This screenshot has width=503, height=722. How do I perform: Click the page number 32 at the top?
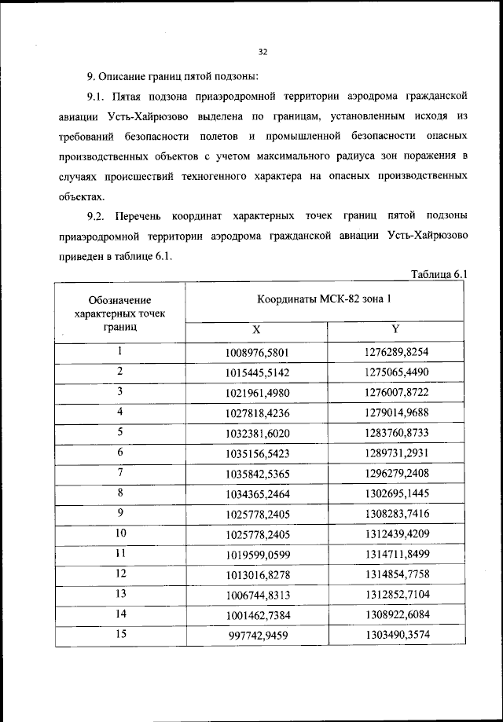263,52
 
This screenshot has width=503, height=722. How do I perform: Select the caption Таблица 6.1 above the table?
439,274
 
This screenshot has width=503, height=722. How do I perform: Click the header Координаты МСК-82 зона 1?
324,299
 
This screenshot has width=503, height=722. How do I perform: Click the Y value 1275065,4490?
397,372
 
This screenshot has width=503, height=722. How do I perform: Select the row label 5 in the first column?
120,431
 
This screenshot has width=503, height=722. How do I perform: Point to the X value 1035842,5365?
256,474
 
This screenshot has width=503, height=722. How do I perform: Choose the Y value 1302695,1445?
397,494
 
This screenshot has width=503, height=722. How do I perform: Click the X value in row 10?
256,535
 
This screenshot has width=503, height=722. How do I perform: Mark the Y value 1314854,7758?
397,576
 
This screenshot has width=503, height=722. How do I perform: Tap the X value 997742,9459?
256,636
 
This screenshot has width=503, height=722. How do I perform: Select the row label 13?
120,595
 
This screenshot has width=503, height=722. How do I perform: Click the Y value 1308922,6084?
397,616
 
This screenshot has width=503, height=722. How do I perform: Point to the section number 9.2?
97,215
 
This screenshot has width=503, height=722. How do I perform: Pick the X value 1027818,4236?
256,412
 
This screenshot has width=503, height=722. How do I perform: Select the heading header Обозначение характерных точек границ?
120,312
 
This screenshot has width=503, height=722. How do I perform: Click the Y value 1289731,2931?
397,453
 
